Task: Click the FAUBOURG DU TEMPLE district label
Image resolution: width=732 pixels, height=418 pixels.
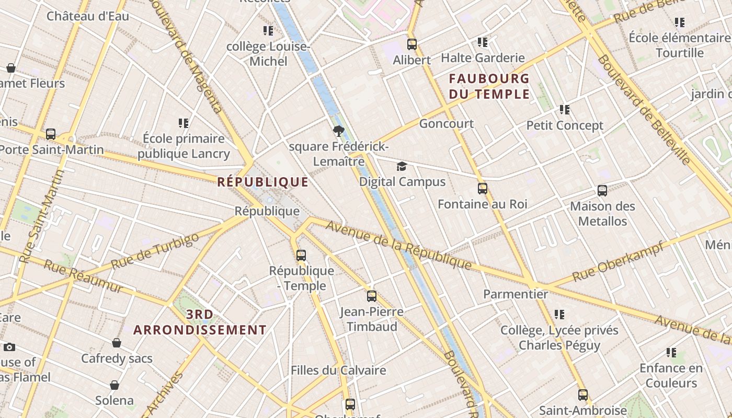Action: [x=489, y=86]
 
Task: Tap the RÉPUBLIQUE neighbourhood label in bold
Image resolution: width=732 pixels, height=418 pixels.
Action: [x=262, y=182]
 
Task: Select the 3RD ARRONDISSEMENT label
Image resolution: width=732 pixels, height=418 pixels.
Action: [x=200, y=322]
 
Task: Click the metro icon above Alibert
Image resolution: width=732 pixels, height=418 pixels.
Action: [x=412, y=44]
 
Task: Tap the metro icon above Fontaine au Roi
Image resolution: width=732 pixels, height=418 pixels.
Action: [x=482, y=189]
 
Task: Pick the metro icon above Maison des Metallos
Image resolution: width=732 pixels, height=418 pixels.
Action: [x=602, y=191]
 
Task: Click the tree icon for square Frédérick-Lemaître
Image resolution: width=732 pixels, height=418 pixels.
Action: [x=338, y=131]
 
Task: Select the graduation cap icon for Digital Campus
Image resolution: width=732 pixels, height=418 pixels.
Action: [x=402, y=167]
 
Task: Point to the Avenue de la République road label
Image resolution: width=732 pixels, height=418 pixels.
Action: [x=398, y=245]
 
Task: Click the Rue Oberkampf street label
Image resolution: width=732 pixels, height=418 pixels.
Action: [x=617, y=261]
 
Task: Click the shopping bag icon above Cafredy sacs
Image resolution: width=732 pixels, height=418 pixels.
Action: [x=117, y=343]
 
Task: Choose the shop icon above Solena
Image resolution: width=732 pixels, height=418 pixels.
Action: [x=115, y=386]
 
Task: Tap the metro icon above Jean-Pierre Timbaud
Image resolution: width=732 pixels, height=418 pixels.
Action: [x=371, y=296]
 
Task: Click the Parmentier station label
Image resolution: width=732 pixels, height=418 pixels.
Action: [x=515, y=294]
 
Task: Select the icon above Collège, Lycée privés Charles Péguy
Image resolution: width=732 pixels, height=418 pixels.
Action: [x=559, y=315]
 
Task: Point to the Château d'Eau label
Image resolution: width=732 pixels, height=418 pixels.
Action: [x=88, y=16]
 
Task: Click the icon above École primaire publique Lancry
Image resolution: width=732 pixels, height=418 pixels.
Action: [x=184, y=123]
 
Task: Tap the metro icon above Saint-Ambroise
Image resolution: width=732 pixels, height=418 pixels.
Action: [x=582, y=395]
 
